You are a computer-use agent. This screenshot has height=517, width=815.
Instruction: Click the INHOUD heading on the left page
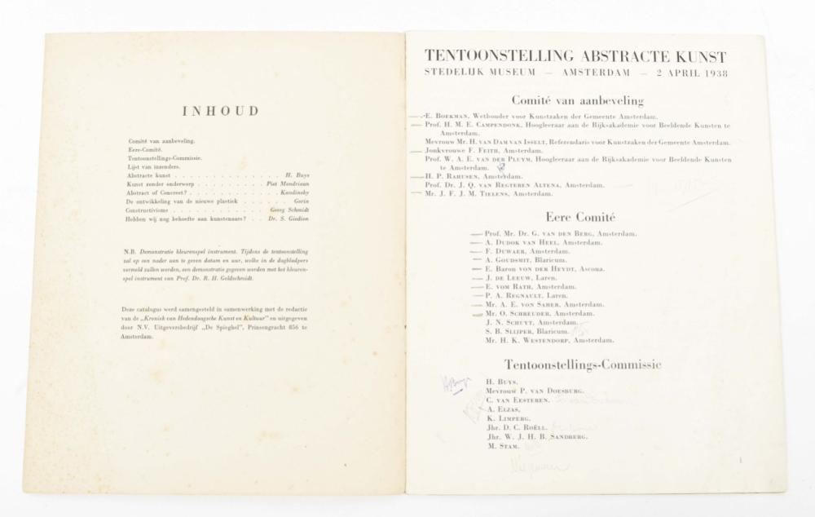[219, 111]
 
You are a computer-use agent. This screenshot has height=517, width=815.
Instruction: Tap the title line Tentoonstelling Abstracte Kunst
[575, 56]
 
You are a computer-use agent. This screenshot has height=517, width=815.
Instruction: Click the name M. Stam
[499, 447]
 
